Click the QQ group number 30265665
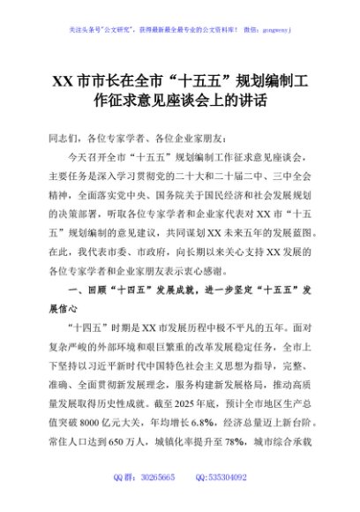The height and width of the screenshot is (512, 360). tap(163, 478)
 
